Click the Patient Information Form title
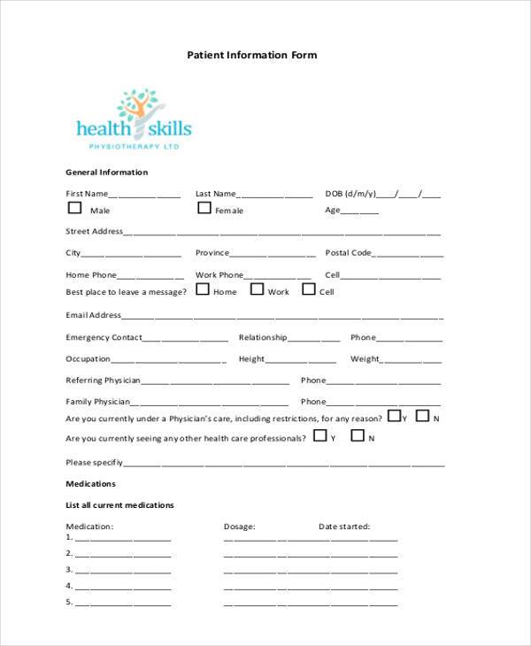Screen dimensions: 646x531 pos(251,55)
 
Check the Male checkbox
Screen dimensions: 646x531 pos(74,209)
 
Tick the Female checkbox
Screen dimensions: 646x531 pos(204,209)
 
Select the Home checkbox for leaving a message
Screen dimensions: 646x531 pos(202,289)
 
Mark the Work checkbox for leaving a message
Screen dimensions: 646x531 pos(257,289)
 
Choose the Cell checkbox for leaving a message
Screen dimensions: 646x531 pos(309,289)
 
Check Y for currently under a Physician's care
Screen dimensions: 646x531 pos(393,416)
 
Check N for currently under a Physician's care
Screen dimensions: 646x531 pos(422,416)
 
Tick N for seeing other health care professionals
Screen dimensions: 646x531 pos(358,435)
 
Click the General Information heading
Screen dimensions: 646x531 pos(107,173)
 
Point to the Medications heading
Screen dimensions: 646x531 pos(91,484)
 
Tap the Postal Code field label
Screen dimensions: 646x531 pos(348,253)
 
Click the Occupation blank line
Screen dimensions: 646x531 pos(168,360)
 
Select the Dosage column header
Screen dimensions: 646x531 pos(239,527)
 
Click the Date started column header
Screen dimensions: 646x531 pos(344,527)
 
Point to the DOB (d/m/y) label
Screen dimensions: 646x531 pos(350,194)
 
